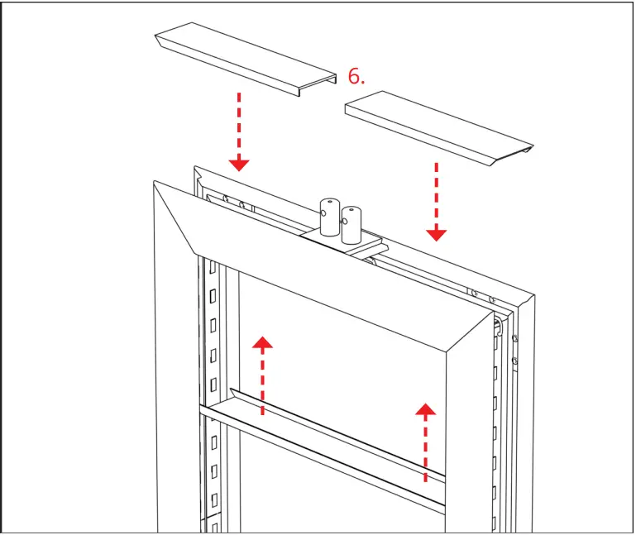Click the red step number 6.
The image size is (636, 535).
356,77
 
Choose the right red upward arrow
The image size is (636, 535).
426,442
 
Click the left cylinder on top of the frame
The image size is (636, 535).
330,216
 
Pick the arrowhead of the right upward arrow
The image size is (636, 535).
426,410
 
